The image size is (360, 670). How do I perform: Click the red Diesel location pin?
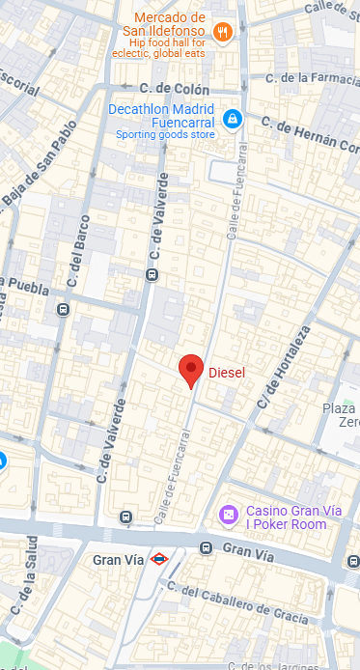click(x=191, y=370)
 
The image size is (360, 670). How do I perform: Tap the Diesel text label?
click(x=228, y=372)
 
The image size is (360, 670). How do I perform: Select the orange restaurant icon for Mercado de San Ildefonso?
click(x=223, y=32)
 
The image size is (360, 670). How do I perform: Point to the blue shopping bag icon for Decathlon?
click(x=232, y=118)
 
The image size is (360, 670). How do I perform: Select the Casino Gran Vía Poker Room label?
click(x=286, y=517)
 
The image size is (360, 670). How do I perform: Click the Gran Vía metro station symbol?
click(x=159, y=558)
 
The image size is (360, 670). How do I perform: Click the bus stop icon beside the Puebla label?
click(x=63, y=310)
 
